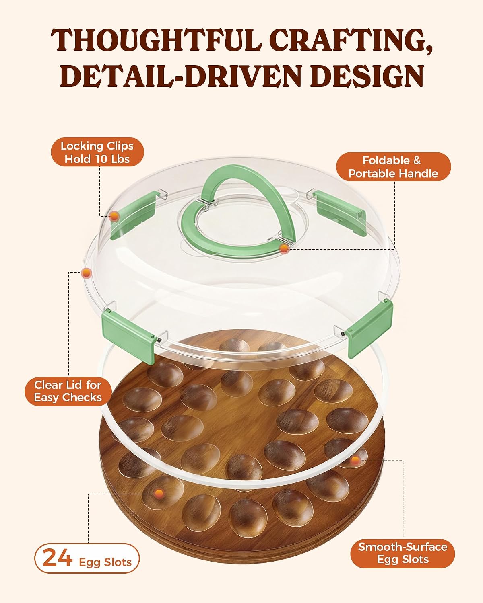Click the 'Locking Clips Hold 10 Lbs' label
pyautogui.click(x=97, y=152)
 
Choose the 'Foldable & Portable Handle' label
pyautogui.click(x=393, y=167)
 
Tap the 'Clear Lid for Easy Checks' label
pyautogui.click(x=68, y=391)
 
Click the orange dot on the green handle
pyautogui.click(x=284, y=248)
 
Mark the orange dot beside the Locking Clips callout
pyautogui.click(x=114, y=216)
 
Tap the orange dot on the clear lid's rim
pyautogui.click(x=86, y=273)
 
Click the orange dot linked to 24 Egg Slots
pyautogui.click(x=159, y=493)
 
